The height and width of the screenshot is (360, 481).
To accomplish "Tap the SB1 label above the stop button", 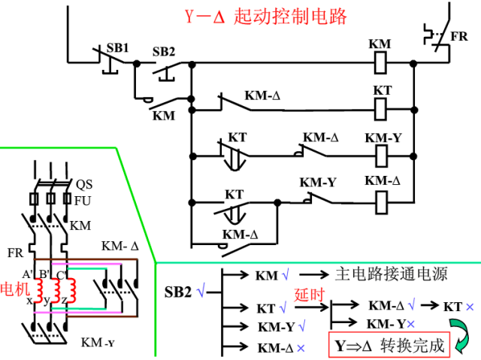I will pos(116,47).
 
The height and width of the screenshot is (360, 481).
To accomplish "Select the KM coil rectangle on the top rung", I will pos(380,65).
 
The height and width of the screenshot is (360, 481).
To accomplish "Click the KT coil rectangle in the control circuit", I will pos(380,110).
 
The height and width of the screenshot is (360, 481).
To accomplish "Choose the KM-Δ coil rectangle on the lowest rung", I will pos(381,200).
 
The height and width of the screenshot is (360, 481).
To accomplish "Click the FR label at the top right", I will pos(458,36).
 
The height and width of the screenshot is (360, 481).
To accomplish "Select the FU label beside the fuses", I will pos(82,201).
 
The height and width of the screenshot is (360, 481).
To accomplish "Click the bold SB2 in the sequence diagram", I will pos(179,292).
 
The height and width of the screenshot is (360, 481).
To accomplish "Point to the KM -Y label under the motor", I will pos(98,343).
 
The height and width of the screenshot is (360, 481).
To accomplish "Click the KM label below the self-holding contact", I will pos(163,116).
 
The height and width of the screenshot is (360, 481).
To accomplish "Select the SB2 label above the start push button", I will pos(163,52).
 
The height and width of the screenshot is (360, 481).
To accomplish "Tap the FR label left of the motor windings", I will pos(16,253).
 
